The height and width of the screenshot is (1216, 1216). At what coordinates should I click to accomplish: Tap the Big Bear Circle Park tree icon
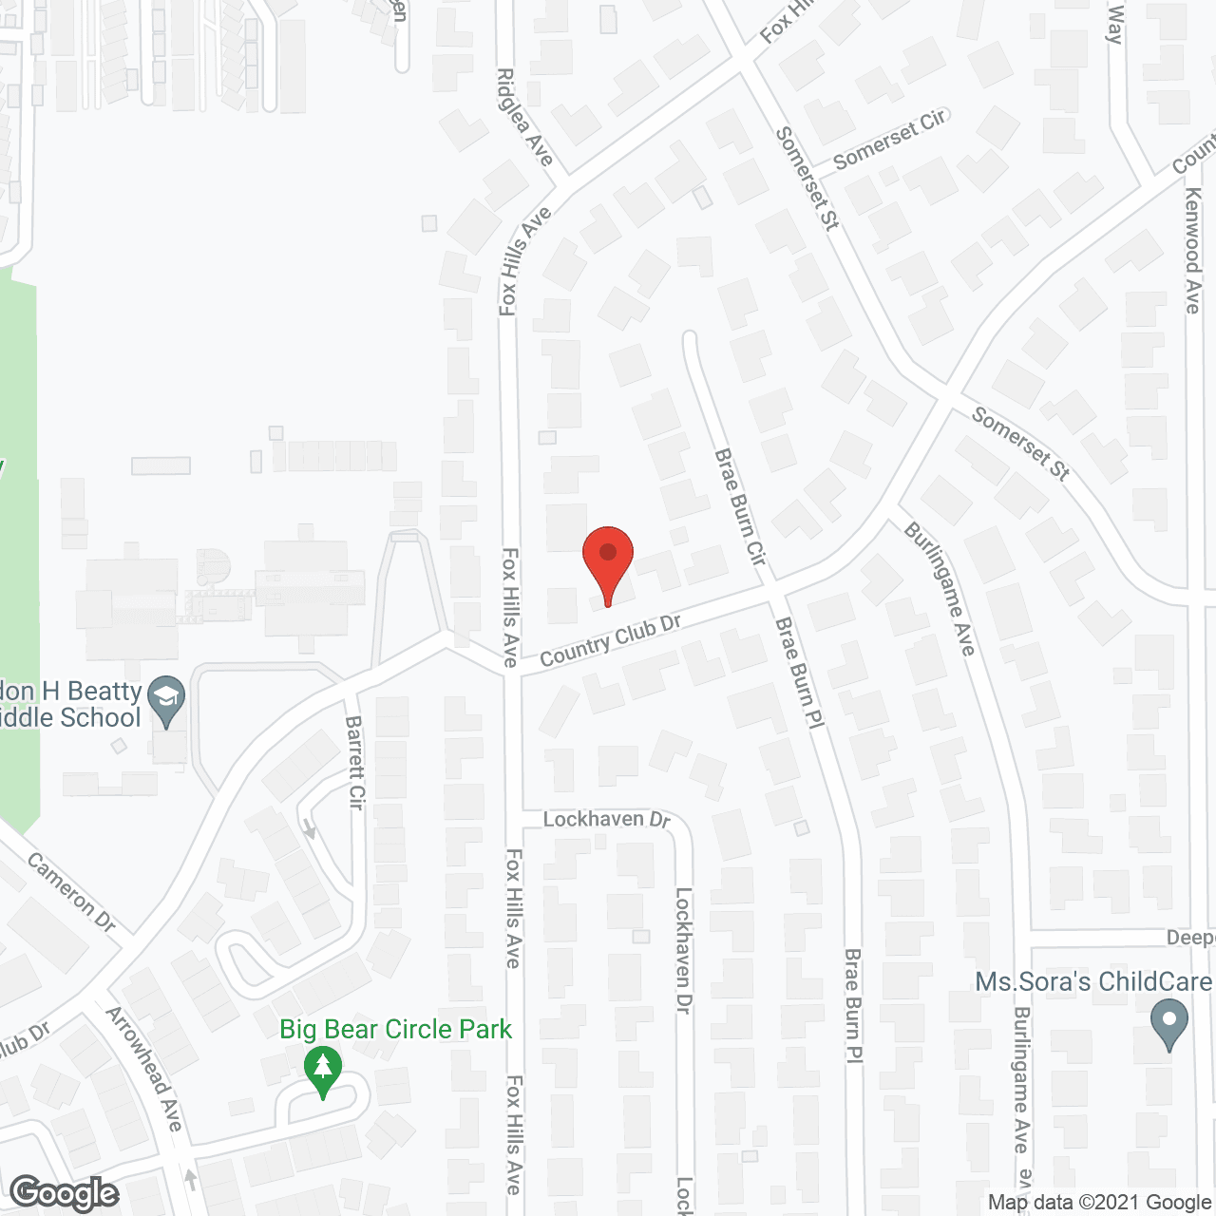(323, 1071)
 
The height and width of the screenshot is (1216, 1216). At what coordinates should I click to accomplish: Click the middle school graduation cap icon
(167, 700)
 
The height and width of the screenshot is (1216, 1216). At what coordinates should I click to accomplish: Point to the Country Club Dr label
(610, 639)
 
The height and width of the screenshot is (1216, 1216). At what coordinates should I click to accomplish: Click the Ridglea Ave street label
(525, 116)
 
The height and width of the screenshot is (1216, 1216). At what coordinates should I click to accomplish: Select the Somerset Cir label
(889, 139)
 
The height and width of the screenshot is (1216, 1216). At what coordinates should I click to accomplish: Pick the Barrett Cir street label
(355, 762)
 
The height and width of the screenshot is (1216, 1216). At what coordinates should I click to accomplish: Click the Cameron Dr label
(71, 892)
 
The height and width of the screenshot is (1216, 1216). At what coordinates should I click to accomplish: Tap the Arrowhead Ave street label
(143, 1068)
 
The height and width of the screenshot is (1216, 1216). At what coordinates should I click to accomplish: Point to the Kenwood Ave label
(1192, 250)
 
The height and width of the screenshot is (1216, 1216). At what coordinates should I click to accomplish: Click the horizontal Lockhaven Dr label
(606, 819)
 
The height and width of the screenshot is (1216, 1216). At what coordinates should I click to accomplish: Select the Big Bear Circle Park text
(395, 1029)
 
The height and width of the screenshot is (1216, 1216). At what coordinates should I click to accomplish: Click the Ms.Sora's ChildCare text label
(1092, 981)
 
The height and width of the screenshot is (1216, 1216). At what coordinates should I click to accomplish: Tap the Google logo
(65, 1193)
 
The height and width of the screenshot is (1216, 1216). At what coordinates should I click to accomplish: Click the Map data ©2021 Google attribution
(1100, 1203)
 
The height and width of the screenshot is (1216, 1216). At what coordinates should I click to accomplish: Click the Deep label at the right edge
(1190, 938)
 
